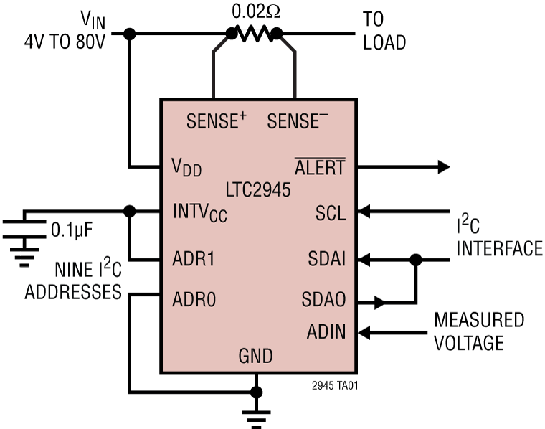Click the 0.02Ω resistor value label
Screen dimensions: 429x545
click(253, 12)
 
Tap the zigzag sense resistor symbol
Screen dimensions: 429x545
click(253, 33)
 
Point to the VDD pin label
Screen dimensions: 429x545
click(186, 167)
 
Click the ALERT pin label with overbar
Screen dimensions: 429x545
click(320, 167)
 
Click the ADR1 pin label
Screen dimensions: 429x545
click(194, 258)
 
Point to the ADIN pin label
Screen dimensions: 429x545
click(326, 331)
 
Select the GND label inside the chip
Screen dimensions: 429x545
click(255, 356)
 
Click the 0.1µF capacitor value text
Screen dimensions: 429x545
click(73, 230)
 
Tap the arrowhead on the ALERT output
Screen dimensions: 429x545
click(442, 167)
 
